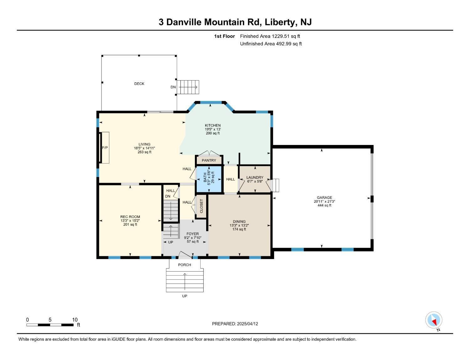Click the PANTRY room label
point(209,160)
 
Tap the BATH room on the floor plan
point(209,179)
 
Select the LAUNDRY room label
point(255,178)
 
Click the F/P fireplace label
point(105,148)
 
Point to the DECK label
point(139,84)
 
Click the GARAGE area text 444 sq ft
point(324,205)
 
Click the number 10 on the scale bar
point(75,320)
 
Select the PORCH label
point(185,265)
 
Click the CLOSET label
point(201,206)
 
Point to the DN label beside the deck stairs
point(173,87)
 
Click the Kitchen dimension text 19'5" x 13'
point(213,129)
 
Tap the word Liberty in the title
point(280,22)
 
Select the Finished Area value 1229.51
point(280,36)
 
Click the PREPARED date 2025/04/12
point(248,324)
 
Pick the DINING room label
point(239,221)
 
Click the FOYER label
point(192,234)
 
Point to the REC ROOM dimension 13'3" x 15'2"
point(130,221)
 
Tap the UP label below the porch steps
point(185,296)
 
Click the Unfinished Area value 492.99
point(284,44)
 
